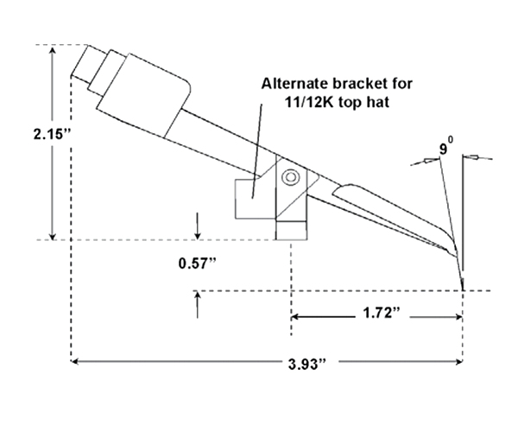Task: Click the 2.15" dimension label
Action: point(52,134)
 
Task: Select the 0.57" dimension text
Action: point(198,263)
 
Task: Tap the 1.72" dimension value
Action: point(382,313)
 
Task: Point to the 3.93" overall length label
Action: point(307,365)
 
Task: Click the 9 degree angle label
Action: point(445,147)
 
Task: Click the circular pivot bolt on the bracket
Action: point(290,177)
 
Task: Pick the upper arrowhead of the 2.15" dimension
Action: point(53,50)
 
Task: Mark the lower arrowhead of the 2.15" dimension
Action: point(53,236)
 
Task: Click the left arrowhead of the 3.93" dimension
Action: point(75,362)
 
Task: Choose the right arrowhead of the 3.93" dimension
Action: point(458,362)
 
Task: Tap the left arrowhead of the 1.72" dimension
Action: point(295,317)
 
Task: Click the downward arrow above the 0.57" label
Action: point(197,226)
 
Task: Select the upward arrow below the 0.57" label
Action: point(197,304)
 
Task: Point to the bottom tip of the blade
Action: point(463,289)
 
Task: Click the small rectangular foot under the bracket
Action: point(291,231)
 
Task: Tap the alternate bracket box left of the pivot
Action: point(255,199)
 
